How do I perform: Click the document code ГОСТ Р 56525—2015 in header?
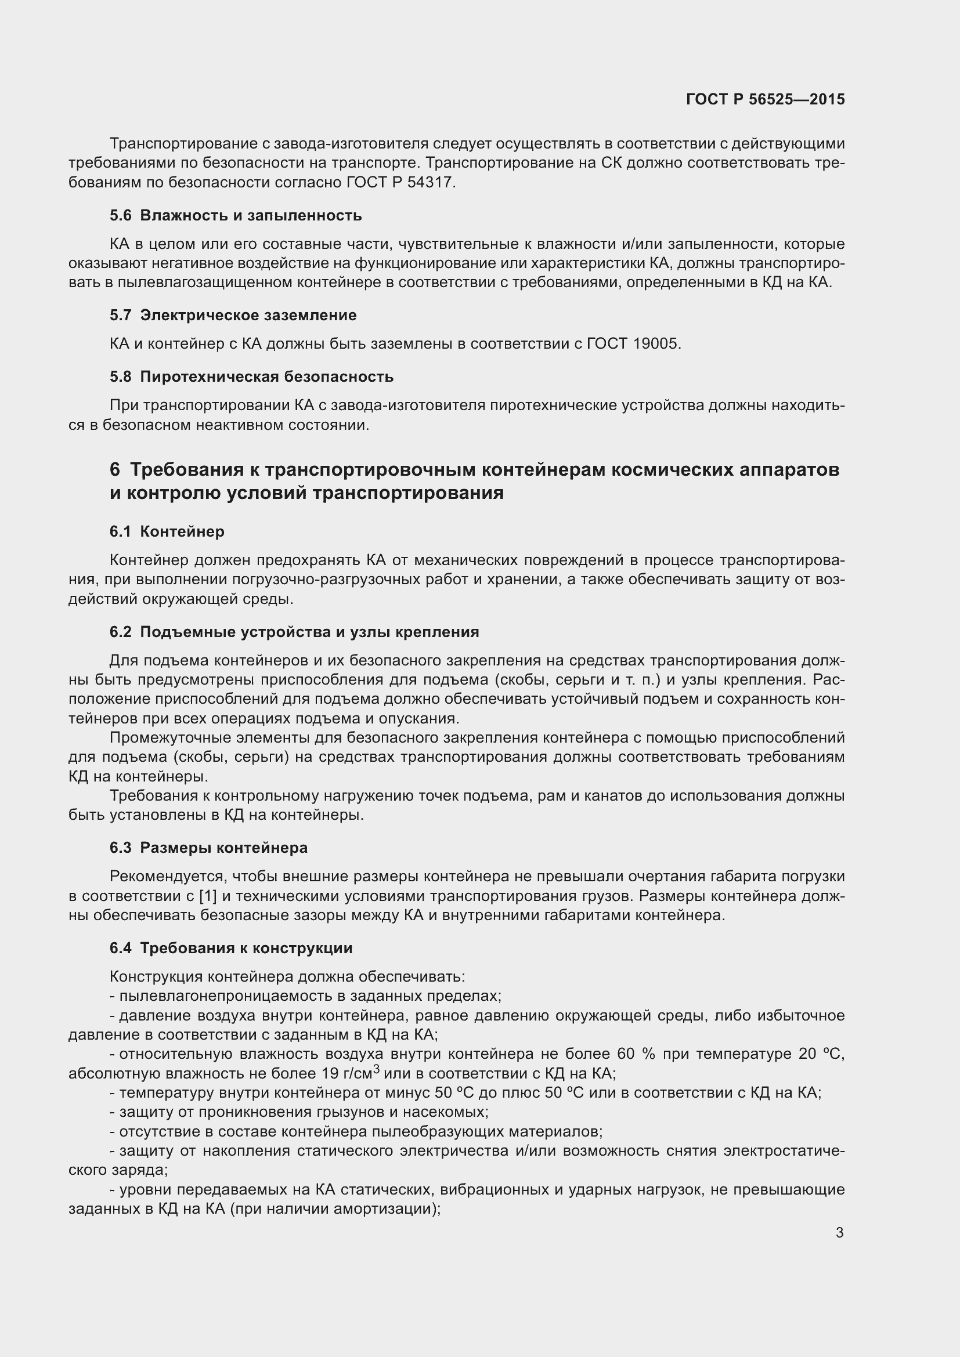[x=765, y=99]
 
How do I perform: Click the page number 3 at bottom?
[x=839, y=1232]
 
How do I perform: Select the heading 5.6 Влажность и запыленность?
[x=235, y=215]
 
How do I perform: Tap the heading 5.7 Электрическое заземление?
[x=233, y=315]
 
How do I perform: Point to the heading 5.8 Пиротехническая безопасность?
[x=251, y=377]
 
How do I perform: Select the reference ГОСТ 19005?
[x=633, y=343]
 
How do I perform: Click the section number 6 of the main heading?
[x=115, y=469]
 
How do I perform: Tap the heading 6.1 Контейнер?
[x=167, y=531]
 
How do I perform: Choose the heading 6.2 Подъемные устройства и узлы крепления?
[x=294, y=632]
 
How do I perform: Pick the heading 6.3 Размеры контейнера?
[x=208, y=848]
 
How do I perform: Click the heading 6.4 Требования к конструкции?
[x=230, y=948]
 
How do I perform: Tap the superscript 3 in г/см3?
[x=376, y=1067]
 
